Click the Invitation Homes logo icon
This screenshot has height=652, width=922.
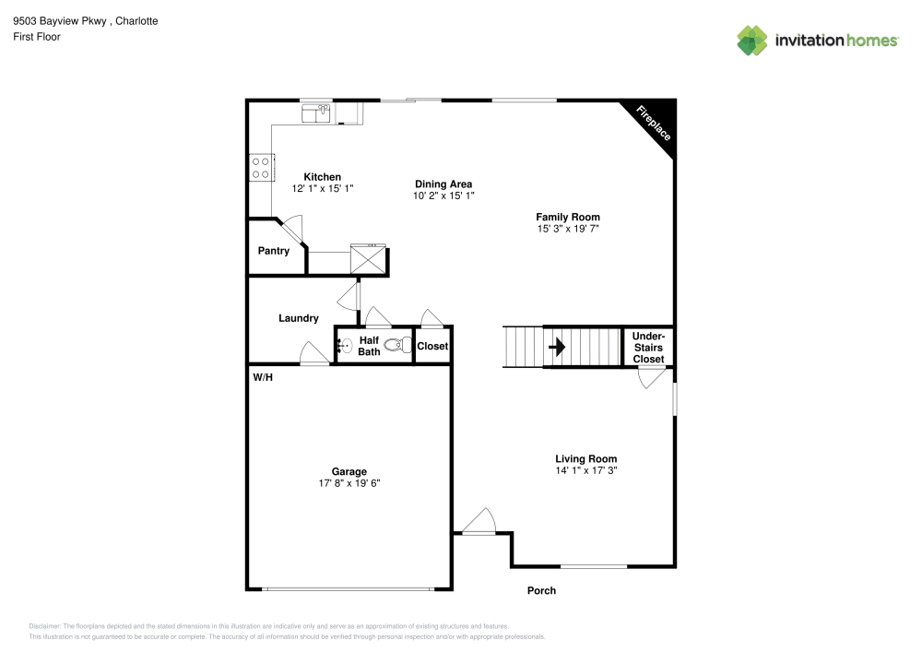click(x=751, y=40)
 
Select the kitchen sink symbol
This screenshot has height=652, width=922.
click(x=316, y=113)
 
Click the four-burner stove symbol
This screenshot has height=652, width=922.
click(x=260, y=167)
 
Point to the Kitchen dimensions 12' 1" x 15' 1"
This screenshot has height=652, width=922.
click(x=323, y=188)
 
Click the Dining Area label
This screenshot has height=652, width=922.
click(x=443, y=184)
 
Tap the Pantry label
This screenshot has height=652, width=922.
click(x=274, y=251)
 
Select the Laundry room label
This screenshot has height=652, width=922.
click(x=299, y=318)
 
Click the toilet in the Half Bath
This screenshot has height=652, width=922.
click(x=396, y=346)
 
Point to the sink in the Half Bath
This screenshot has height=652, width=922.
click(x=344, y=347)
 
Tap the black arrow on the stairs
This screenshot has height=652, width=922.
click(x=557, y=348)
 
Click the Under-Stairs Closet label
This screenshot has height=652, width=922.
click(x=648, y=348)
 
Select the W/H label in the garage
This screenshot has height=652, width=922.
click(x=263, y=377)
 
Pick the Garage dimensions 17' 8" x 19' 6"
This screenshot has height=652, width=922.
click(x=349, y=483)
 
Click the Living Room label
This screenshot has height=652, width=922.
click(x=585, y=458)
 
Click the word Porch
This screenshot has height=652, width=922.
click(x=541, y=591)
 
